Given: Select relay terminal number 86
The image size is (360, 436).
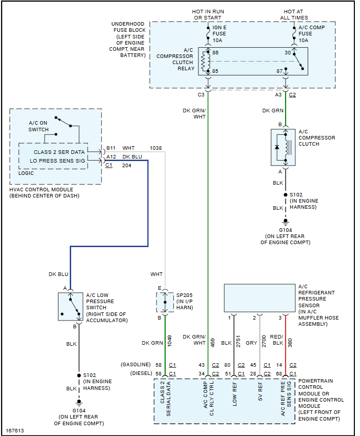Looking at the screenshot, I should click(x=215, y=53).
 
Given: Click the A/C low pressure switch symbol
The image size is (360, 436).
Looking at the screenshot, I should click(x=70, y=306).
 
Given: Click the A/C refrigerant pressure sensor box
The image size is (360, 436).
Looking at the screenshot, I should click(x=259, y=298).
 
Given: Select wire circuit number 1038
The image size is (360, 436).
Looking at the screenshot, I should click(x=156, y=148).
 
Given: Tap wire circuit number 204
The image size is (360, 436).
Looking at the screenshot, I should click(x=127, y=166).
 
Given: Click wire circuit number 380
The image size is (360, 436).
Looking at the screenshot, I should click(x=291, y=343).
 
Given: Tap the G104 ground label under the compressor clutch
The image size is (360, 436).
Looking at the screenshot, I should click(x=285, y=230).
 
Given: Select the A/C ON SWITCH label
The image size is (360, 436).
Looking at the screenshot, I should click(x=38, y=126).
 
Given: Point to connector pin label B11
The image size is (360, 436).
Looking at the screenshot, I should click(x=110, y=148).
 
